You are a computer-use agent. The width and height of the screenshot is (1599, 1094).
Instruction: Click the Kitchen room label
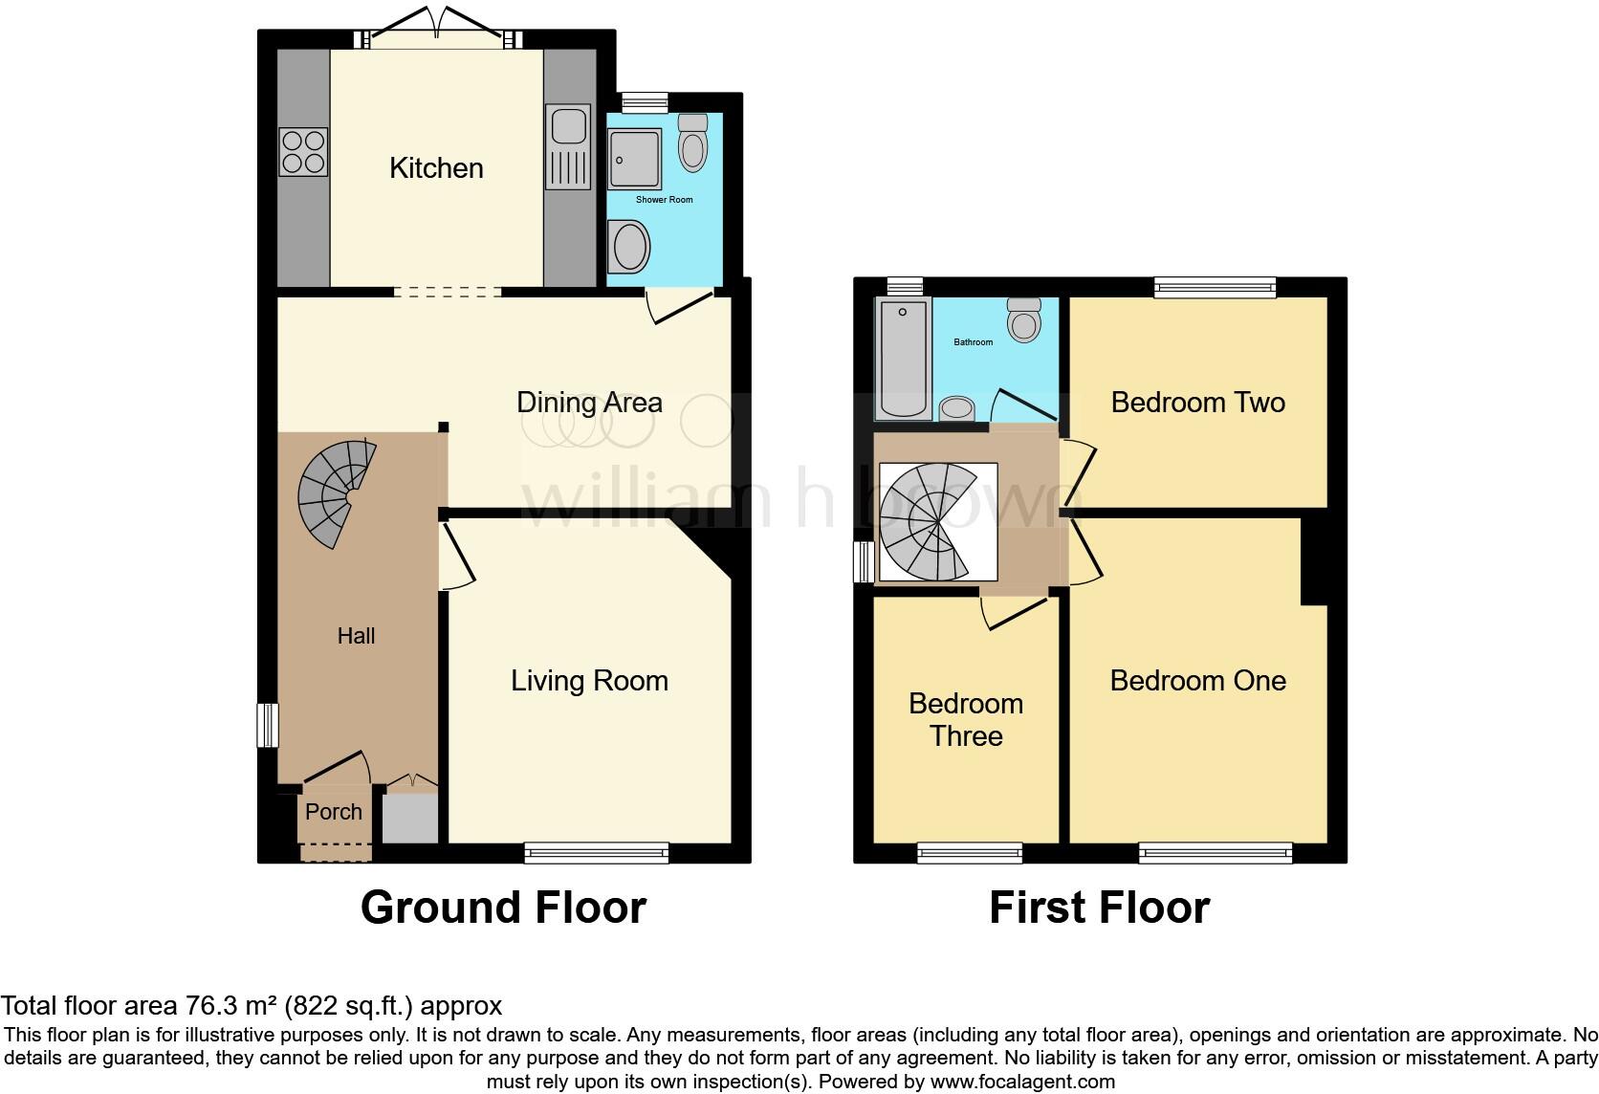[x=436, y=168]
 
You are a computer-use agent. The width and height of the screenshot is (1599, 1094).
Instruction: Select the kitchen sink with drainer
[x=567, y=148]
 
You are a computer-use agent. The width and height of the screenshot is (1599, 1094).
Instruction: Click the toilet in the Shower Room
[x=692, y=143]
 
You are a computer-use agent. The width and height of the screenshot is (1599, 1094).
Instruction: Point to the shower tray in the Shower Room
[x=634, y=160]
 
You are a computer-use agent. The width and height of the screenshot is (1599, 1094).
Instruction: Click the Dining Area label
[x=589, y=403]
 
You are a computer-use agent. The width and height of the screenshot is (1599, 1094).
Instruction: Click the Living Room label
[x=589, y=681]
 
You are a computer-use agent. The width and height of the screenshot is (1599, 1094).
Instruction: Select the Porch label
[x=334, y=812]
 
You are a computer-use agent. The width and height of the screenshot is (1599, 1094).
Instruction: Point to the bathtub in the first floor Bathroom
[x=903, y=359]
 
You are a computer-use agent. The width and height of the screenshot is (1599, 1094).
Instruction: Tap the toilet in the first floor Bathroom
[x=1024, y=320]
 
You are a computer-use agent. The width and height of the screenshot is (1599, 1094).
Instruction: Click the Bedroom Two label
[x=1197, y=403]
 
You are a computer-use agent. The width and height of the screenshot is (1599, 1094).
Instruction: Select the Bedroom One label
[x=1197, y=681]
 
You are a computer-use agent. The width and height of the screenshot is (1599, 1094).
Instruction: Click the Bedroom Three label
[x=966, y=720]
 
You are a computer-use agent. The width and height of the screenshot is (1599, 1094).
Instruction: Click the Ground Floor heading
[x=503, y=908]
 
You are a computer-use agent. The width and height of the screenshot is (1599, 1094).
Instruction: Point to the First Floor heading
[x=1099, y=908]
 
